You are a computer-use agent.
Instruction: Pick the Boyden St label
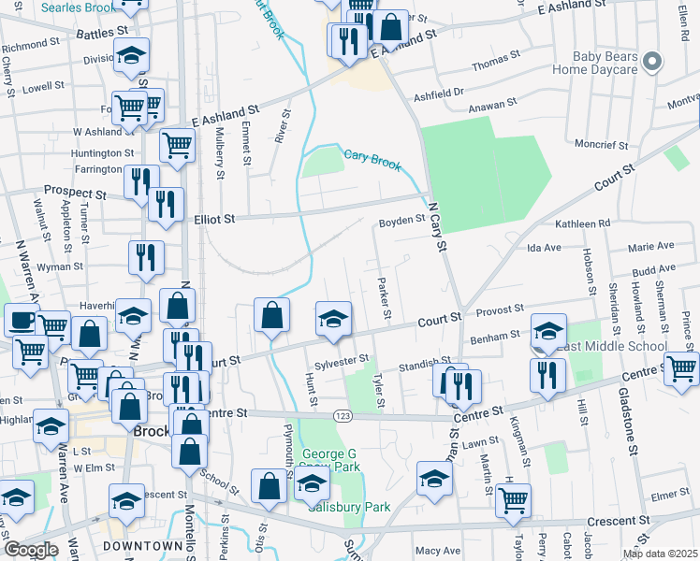[x=401, y=223]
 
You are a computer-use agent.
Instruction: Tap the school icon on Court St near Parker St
[x=333, y=320]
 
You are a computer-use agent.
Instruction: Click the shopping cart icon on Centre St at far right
[x=680, y=368]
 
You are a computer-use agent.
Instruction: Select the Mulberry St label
[x=220, y=151]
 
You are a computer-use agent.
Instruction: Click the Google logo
[x=30, y=550]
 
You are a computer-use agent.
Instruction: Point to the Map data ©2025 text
[x=660, y=554]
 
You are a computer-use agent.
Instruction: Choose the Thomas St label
[x=495, y=65]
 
